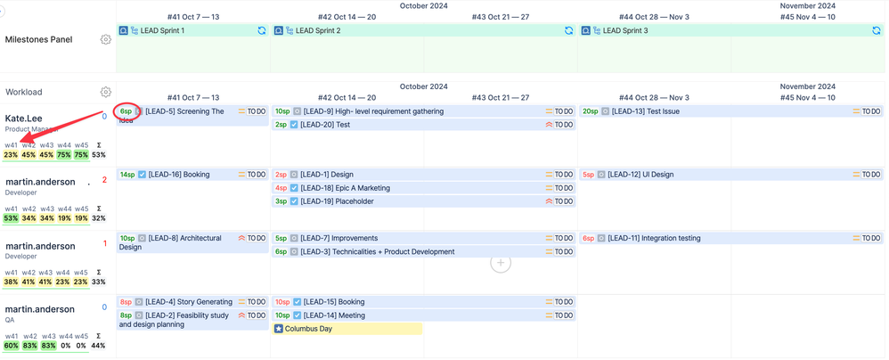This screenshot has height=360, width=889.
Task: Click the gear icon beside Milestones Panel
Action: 106,39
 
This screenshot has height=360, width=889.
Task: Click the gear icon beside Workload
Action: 106,92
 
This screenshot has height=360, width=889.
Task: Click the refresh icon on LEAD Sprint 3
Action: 877,30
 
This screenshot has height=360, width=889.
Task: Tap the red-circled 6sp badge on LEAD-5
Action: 126,111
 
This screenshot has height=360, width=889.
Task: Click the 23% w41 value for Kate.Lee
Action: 11,155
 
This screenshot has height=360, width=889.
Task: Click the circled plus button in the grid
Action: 501,262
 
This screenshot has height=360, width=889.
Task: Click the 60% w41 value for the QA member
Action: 11,346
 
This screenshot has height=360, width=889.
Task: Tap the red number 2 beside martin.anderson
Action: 104,180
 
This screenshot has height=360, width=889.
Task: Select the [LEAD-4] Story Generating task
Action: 188,302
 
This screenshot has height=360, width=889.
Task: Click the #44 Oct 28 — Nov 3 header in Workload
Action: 654,97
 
